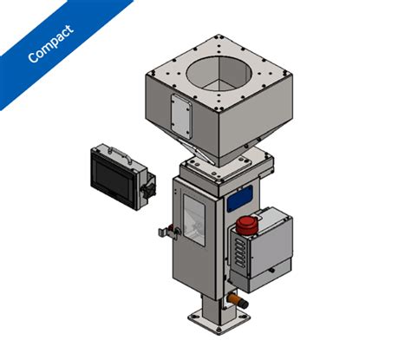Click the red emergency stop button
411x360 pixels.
click(x=244, y=225)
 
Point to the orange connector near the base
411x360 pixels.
click(x=237, y=300)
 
